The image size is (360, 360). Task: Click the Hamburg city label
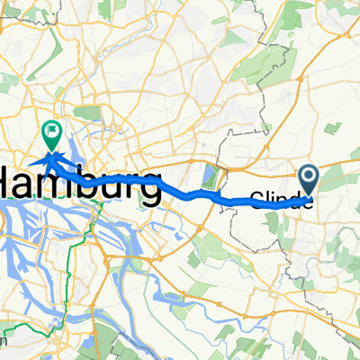click(x=81, y=184)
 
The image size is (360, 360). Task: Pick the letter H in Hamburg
click(x=13, y=184)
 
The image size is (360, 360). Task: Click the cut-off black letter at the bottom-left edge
click(x=4, y=340)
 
